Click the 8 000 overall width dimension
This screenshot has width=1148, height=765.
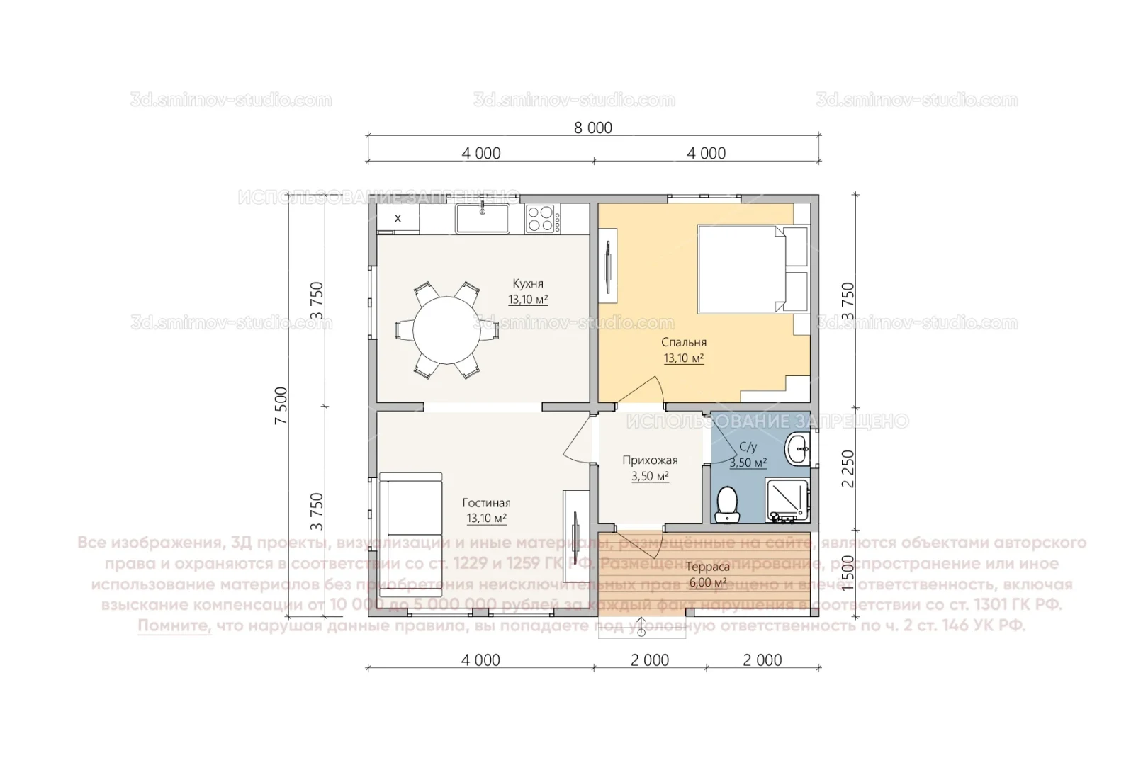592,128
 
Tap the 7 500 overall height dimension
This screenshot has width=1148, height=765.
282,405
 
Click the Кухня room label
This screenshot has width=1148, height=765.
528,284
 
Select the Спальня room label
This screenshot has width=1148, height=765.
683,342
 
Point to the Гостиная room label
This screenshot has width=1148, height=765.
486,503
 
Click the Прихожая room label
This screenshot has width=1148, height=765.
650,460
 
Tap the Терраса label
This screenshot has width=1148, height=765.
707,567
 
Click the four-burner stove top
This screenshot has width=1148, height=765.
541,219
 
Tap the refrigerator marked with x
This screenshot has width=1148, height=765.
398,218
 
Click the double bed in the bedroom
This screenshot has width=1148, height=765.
751,269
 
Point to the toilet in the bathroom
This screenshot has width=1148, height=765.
727,504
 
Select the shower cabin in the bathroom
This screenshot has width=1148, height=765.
787,501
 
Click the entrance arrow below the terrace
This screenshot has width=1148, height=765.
641,627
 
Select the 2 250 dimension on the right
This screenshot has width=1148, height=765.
848,468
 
